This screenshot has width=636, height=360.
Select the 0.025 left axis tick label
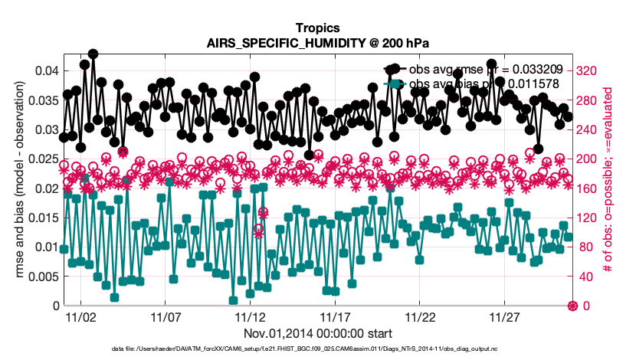(x=40, y=159)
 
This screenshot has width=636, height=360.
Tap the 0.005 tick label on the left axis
(x=40, y=277)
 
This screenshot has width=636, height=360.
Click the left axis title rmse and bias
(x=18, y=188)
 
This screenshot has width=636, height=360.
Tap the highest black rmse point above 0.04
(x=93, y=54)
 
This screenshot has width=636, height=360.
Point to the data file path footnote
(x=317, y=349)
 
